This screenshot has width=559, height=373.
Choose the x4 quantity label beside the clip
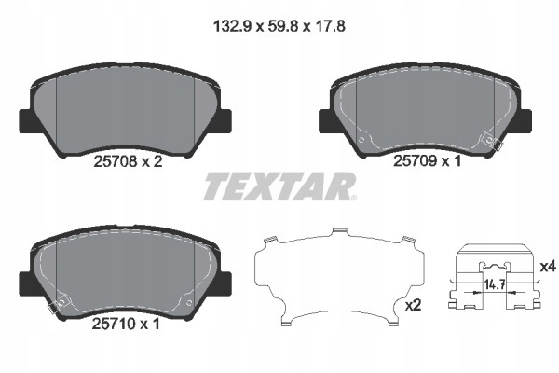pyautogui.click(x=547, y=267)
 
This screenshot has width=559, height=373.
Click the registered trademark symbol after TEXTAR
pyautogui.click(x=351, y=197)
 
